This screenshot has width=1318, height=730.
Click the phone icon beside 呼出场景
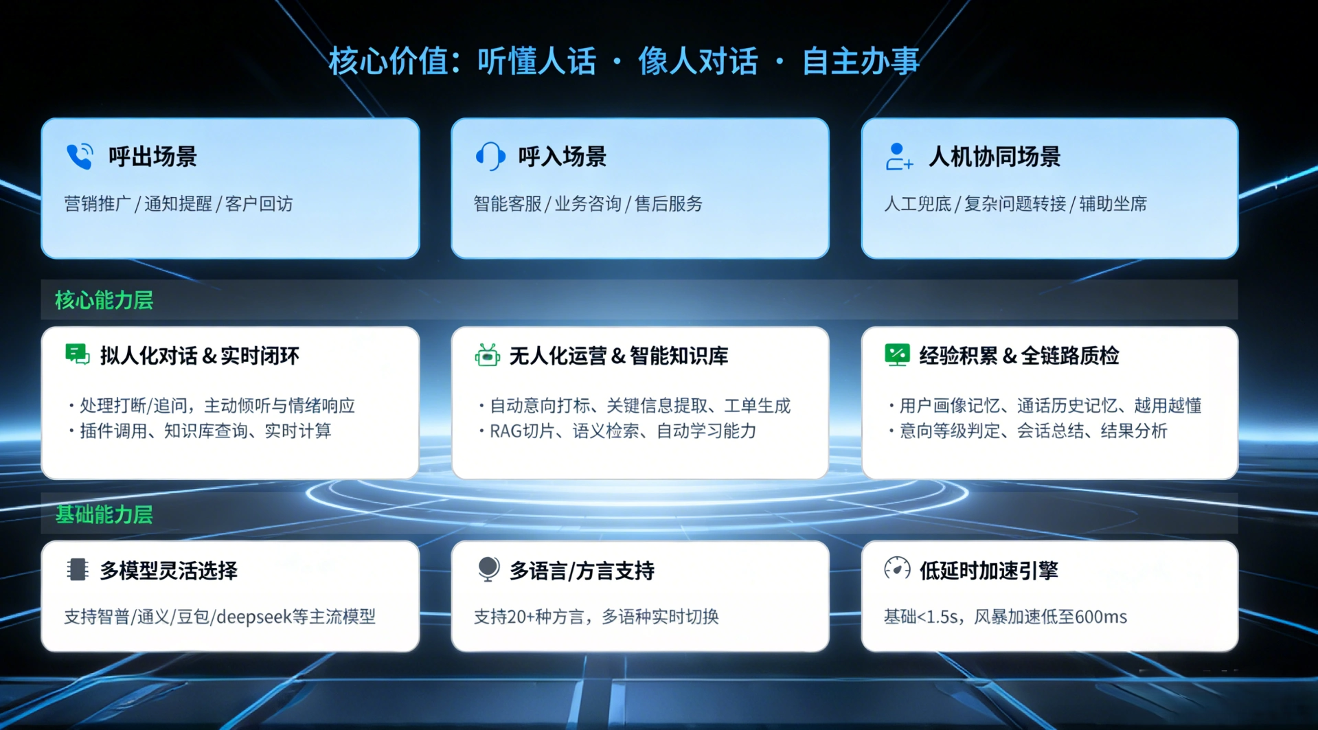[x=80, y=157]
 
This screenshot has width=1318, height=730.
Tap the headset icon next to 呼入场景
[x=490, y=157]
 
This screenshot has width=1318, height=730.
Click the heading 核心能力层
[x=104, y=300]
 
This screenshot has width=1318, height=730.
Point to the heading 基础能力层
[x=104, y=514]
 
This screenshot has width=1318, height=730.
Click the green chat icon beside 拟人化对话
[x=78, y=354]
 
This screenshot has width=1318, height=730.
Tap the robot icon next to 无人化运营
[x=488, y=355]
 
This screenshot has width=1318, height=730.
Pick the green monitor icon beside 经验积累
[x=897, y=354]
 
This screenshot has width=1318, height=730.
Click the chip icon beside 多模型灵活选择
[x=78, y=569]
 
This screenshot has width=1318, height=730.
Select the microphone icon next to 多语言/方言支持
[x=488, y=569]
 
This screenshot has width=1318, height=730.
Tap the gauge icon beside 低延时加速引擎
[x=897, y=569]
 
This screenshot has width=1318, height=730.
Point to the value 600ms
[x=1101, y=617]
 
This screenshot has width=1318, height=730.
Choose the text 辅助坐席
[x=1113, y=204]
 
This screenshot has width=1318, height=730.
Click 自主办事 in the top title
[x=861, y=61]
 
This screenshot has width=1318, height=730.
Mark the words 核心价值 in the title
[x=388, y=61]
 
